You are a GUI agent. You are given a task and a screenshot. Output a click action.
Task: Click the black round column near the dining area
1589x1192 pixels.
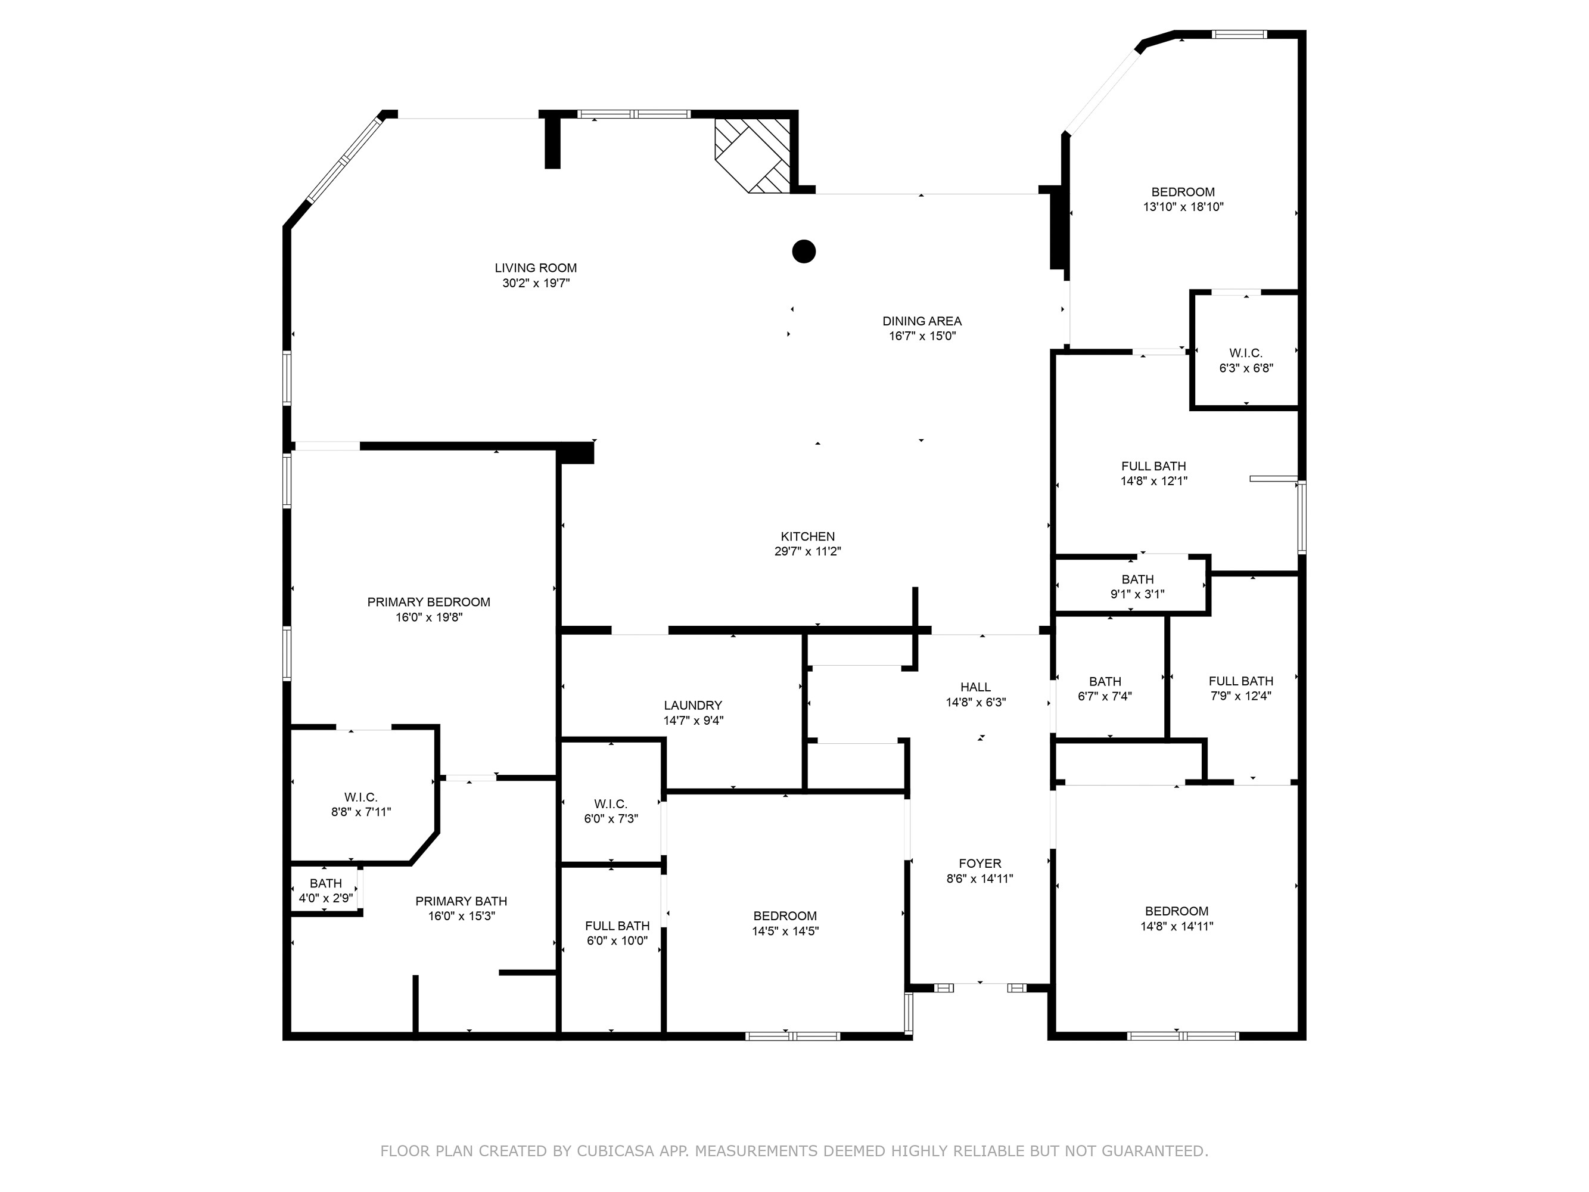(803, 252)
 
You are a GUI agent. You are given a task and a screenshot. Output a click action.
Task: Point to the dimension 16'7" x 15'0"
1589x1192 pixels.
(922, 336)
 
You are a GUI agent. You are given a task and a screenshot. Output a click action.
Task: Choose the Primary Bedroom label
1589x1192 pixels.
(428, 602)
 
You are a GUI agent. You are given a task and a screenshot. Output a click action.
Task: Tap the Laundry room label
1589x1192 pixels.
(692, 706)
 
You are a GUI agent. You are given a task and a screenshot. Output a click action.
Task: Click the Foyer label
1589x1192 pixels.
(979, 864)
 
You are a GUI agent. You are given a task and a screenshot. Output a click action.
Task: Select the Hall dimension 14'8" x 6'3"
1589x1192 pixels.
(975, 703)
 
